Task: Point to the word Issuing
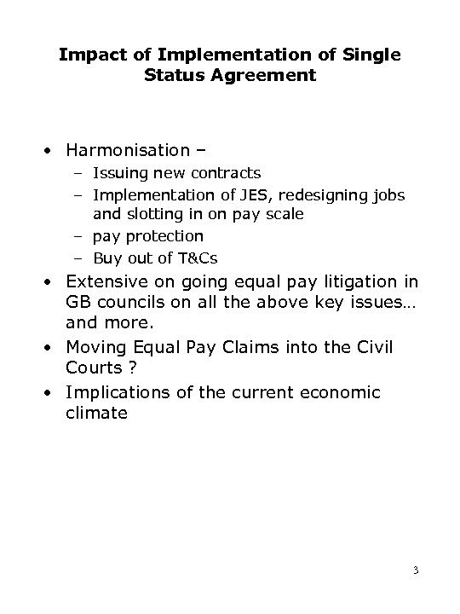(x=120, y=174)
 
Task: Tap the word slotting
(x=154, y=214)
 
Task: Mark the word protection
(x=164, y=235)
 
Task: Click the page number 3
(x=415, y=570)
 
